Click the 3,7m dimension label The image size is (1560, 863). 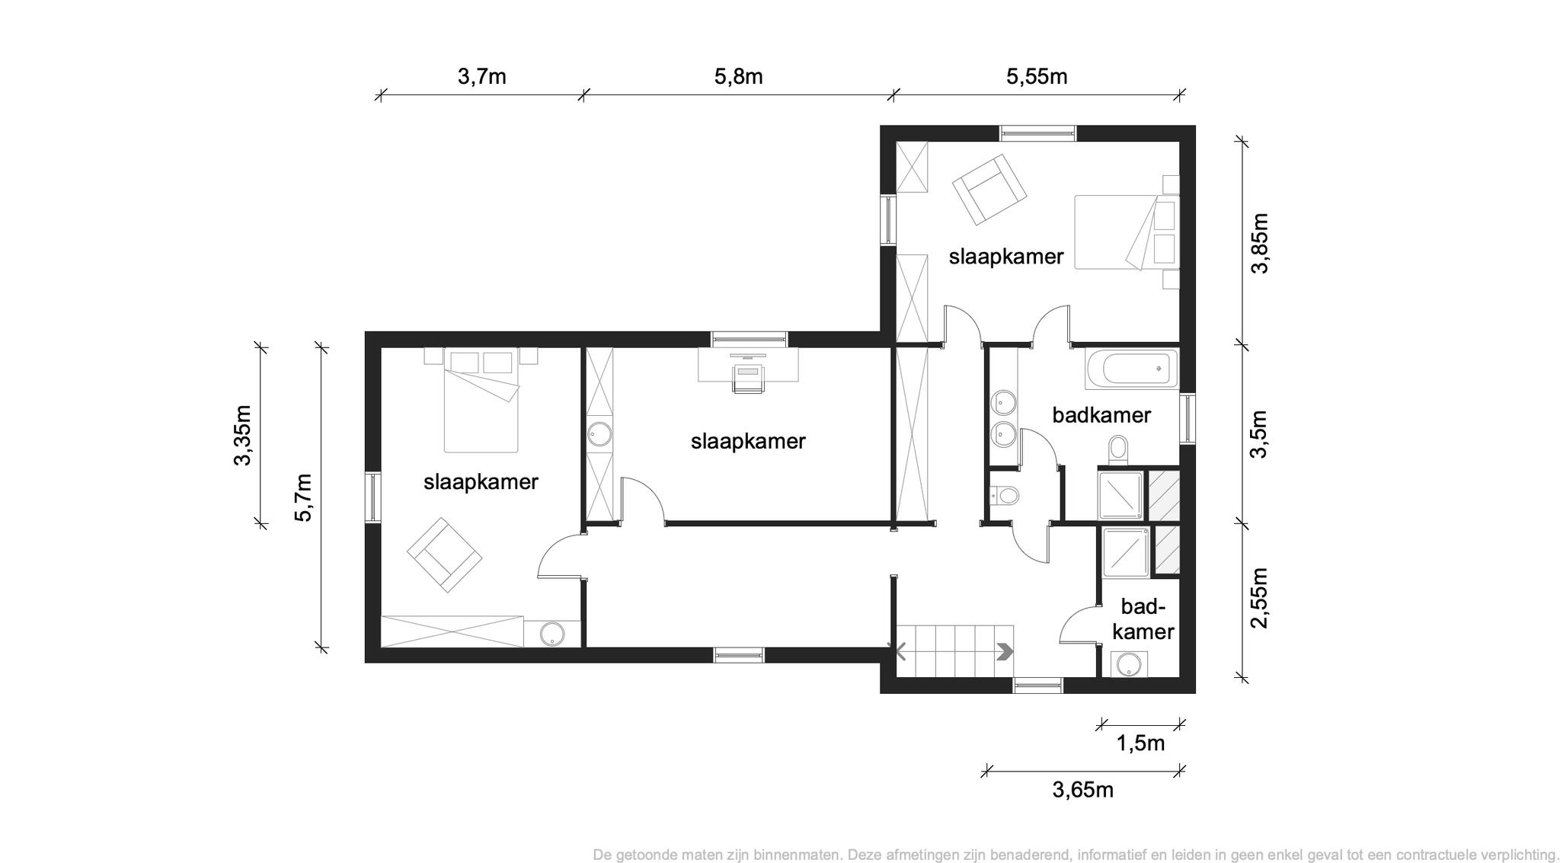[481, 77]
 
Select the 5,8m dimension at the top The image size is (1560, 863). [738, 77]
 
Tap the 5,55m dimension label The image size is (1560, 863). [1037, 77]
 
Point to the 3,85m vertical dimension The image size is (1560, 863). [1260, 243]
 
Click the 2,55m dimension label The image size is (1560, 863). [1260, 598]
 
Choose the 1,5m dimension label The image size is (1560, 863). [1140, 743]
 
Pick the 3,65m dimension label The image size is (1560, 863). [1082, 790]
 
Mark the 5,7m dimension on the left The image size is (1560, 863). [303, 497]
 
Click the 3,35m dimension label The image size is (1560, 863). [242, 435]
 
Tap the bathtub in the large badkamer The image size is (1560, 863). [1131, 369]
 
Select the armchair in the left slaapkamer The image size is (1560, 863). [445, 555]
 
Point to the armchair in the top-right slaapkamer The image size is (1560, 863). [989, 190]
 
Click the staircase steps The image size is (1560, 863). [954, 650]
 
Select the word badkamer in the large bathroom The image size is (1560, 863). [1101, 415]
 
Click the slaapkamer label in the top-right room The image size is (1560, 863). [1005, 257]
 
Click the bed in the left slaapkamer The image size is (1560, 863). [481, 400]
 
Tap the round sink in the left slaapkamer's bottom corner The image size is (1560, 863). [552, 634]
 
